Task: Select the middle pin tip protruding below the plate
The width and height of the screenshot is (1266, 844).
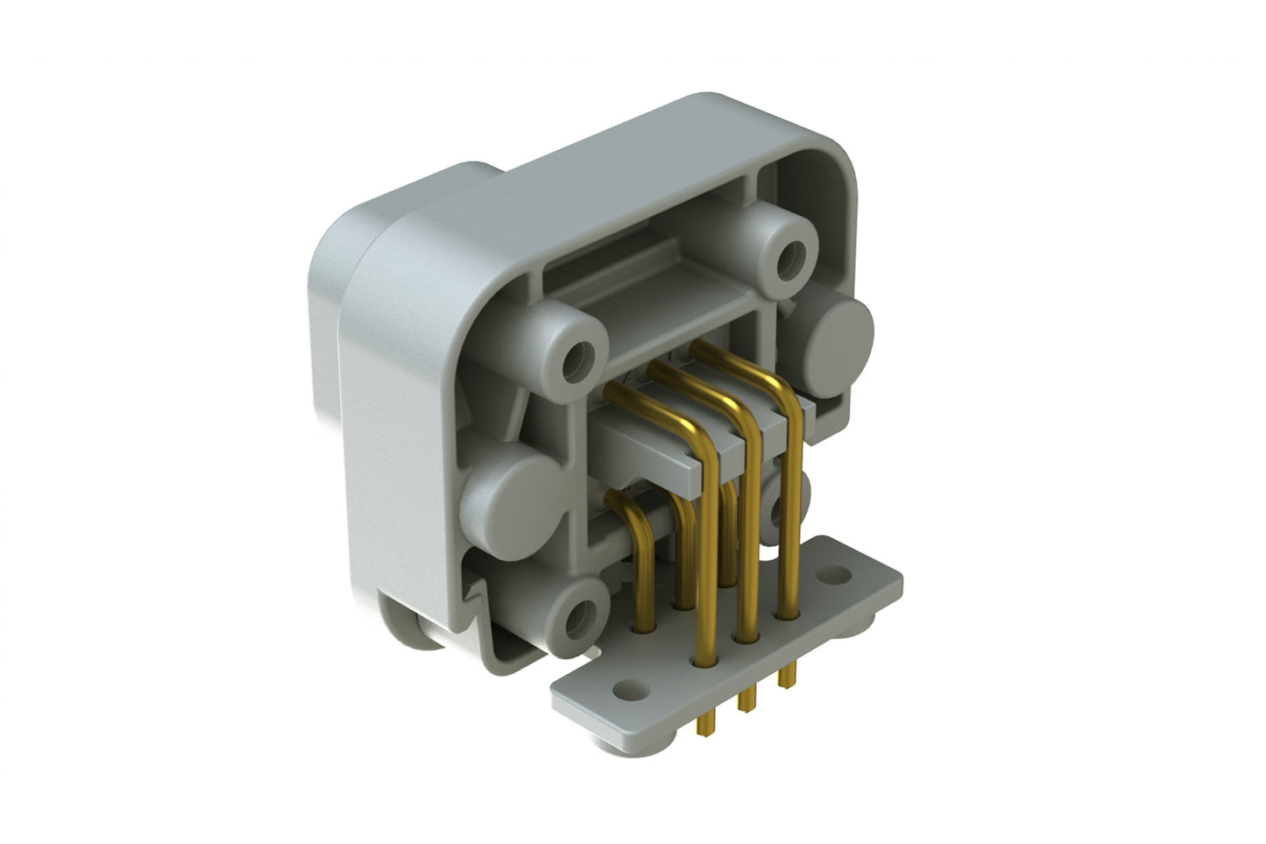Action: pyautogui.click(x=747, y=701)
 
